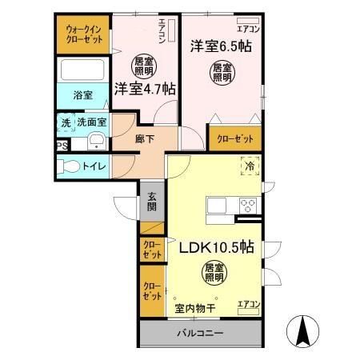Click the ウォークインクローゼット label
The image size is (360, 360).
click(83, 34)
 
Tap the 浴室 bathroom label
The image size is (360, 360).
click(83, 94)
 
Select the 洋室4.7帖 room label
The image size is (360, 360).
click(145, 89)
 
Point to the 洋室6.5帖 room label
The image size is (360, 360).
click(221, 46)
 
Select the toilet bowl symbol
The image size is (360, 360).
click(70, 167)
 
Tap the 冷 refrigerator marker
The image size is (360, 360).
click(250, 167)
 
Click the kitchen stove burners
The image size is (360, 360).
click(246, 205)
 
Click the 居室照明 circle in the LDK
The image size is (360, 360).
click(212, 274)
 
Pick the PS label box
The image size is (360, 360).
click(62, 146)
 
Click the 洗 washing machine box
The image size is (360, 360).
click(66, 124)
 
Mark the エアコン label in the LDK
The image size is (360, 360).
click(248, 304)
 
